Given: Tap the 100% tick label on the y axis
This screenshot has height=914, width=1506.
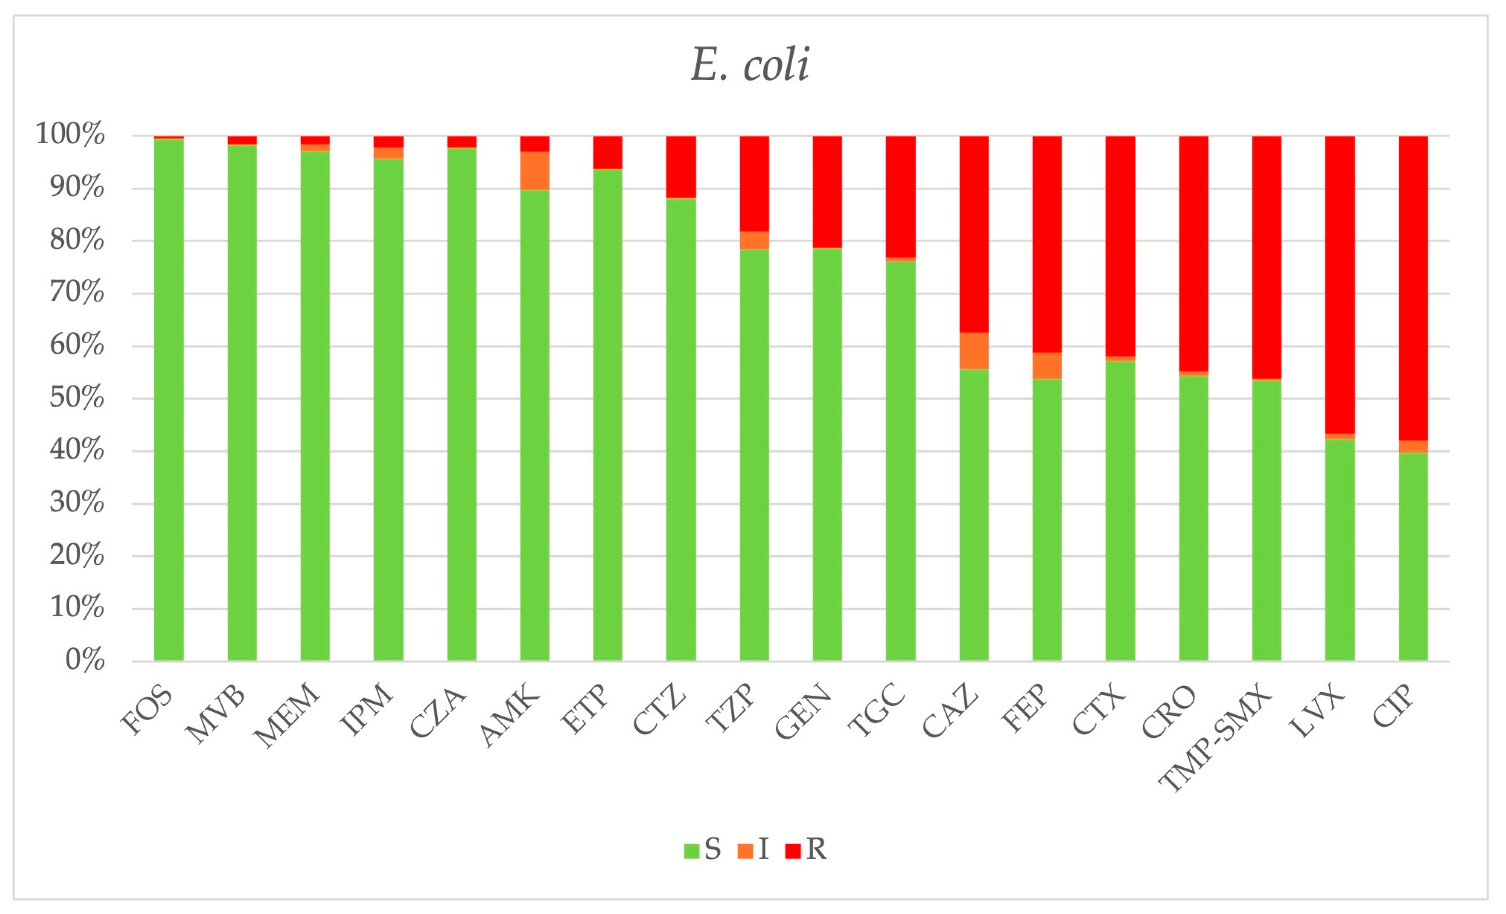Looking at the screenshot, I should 70,134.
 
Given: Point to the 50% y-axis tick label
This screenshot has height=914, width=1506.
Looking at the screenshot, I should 77,398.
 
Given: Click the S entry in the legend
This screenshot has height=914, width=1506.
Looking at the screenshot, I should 703,849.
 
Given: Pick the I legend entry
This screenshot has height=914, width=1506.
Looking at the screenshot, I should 753,849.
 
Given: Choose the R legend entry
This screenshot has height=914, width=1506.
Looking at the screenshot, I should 805,849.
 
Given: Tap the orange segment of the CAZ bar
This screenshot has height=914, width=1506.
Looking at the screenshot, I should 974,351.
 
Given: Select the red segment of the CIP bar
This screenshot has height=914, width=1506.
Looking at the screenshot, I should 1413,287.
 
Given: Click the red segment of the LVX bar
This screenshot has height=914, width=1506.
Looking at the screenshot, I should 1340,284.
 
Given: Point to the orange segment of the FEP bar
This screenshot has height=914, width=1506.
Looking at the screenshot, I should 1047,365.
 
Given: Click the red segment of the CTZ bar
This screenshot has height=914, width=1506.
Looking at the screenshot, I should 681,166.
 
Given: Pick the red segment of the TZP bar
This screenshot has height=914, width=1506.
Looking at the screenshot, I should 754,183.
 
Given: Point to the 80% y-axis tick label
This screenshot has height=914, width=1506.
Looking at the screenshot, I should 77,240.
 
